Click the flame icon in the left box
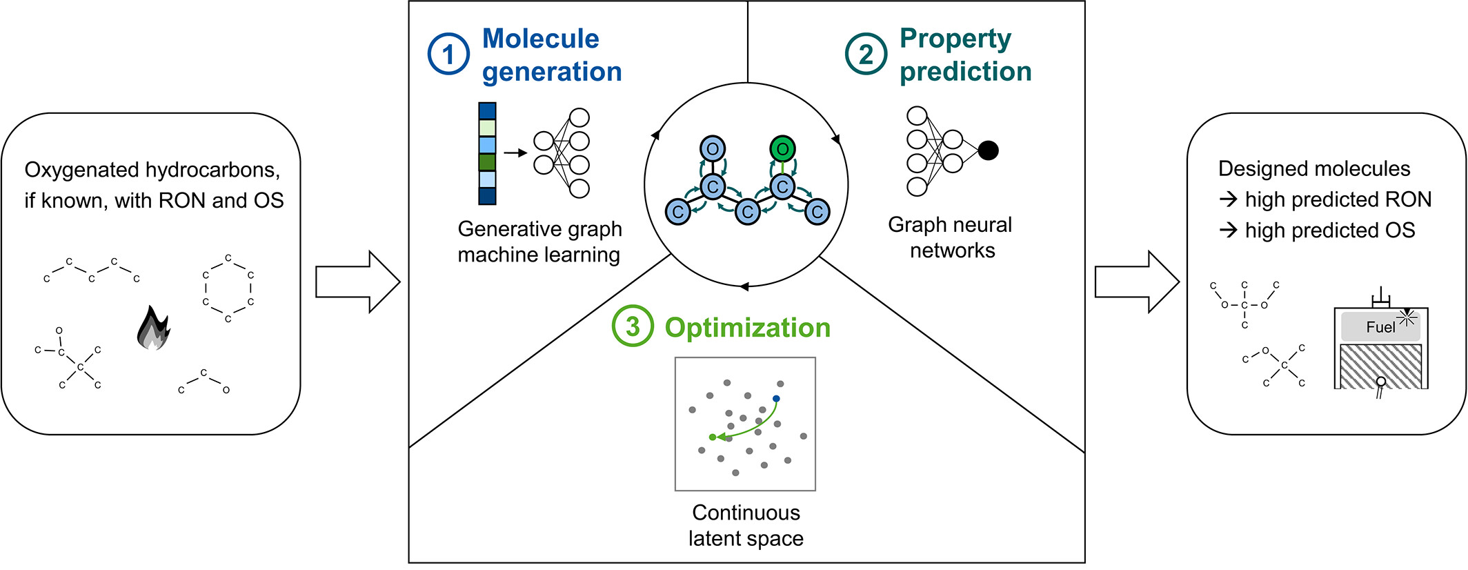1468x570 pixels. pos(153,329)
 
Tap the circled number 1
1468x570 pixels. pos(448,55)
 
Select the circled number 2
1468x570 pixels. pos(866,55)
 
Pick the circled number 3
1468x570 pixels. pos(632,326)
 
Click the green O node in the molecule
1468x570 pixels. pos(782,148)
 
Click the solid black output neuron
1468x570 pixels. pos(988,150)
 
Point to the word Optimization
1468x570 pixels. pos(747,328)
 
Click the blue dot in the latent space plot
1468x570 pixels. pos(776,399)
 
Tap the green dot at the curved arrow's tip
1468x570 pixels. pos(713,437)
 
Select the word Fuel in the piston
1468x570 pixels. pos(1380,327)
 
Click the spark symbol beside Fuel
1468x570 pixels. pos(1407,317)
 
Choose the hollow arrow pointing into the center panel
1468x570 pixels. pos(357,282)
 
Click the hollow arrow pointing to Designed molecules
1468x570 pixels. pos(1137,282)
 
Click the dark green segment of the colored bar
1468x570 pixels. pos(487,162)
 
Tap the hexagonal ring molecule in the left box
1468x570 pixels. pos(228,288)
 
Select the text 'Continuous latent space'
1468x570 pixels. pos(746,525)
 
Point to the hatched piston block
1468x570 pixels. pos(1380,366)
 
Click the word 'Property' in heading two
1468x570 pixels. pos(955,39)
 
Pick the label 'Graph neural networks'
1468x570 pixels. pos(951,237)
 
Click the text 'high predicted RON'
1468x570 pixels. pos(1338,199)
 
